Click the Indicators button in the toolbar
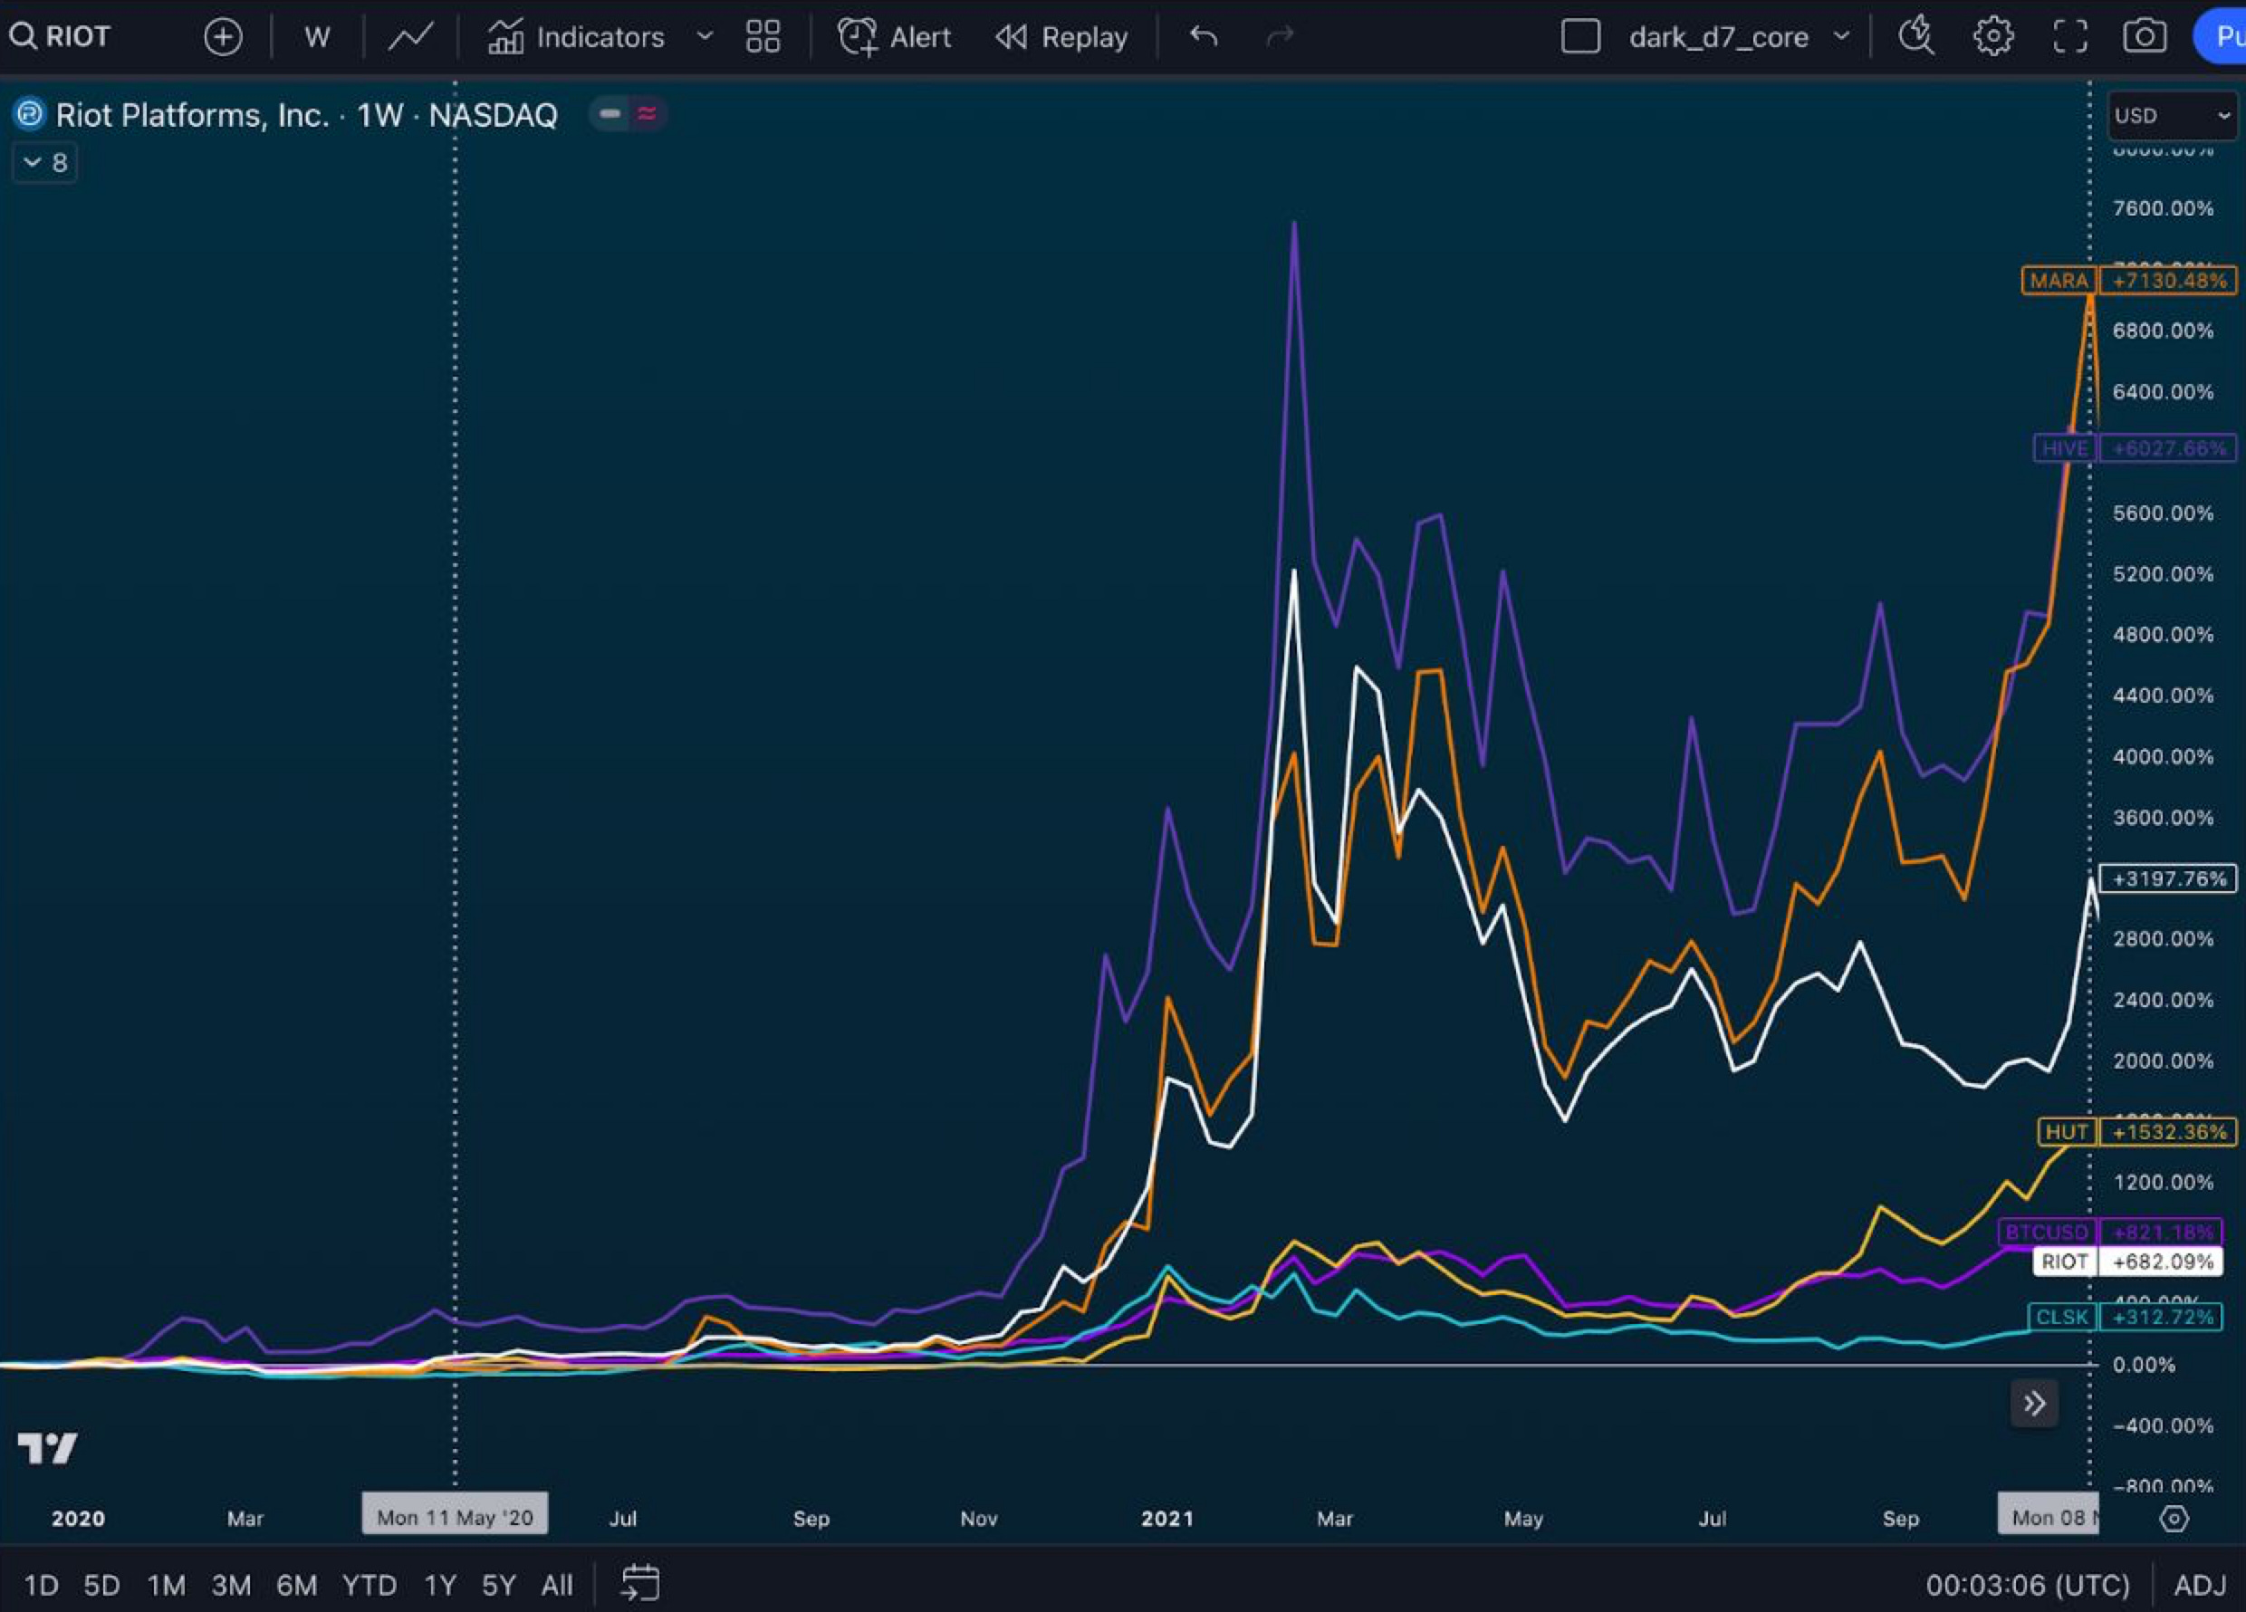click(576, 38)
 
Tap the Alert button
click(894, 38)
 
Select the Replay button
click(1061, 38)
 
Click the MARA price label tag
click(2058, 280)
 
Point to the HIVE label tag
click(2064, 448)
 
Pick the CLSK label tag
click(2062, 1317)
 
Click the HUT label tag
click(2066, 1132)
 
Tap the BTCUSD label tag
click(2046, 1232)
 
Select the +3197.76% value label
click(2168, 878)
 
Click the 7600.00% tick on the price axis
click(2162, 209)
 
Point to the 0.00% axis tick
click(2144, 1365)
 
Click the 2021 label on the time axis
click(1166, 1518)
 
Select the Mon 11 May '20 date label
click(455, 1517)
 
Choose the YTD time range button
click(370, 1585)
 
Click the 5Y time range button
click(498, 1585)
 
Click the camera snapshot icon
click(2144, 38)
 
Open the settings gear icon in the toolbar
click(1992, 38)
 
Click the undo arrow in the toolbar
click(1204, 38)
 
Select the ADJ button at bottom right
click(2200, 1585)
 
